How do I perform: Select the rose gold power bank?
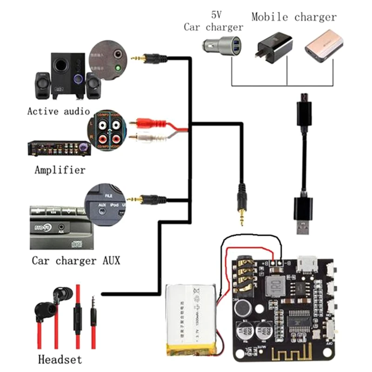coord(323,46)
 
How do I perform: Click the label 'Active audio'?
coord(58,111)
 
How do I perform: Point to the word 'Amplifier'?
coord(60,170)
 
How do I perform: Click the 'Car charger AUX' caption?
coord(76,260)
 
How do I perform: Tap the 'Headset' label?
coord(60,359)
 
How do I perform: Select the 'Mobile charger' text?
coord(293,18)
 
